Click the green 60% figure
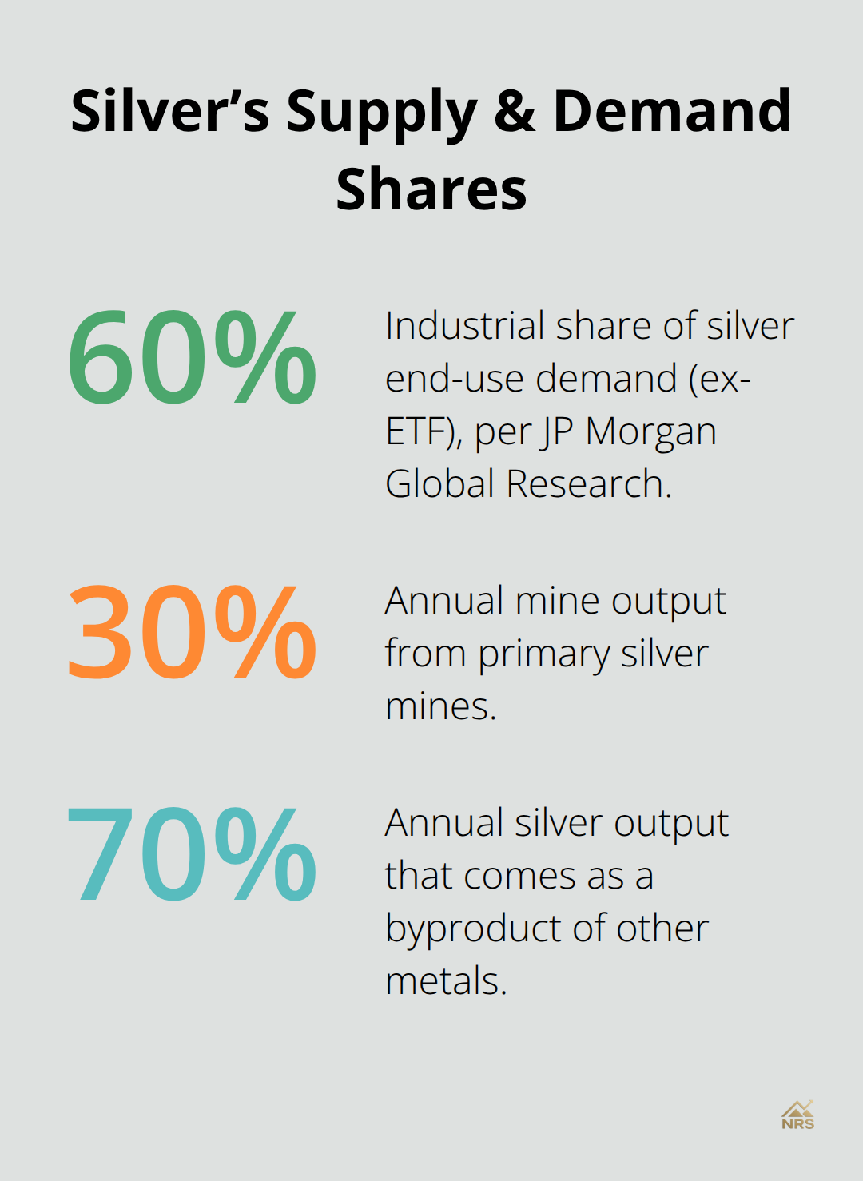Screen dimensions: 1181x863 [x=192, y=357]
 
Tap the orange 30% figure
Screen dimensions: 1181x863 [x=192, y=632]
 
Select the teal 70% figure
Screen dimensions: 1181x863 [x=192, y=854]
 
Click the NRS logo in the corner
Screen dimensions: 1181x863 [x=797, y=1115]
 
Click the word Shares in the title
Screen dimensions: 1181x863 [x=431, y=189]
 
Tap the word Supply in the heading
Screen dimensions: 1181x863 [x=382, y=112]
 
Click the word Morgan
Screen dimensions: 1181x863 [x=650, y=432]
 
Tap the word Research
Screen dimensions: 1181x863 [x=588, y=484]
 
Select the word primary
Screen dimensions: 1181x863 [x=544, y=654]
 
